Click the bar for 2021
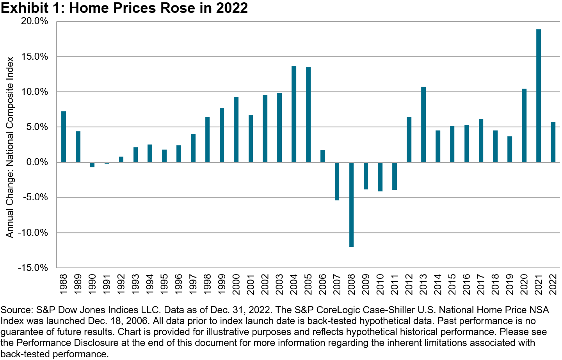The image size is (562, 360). pyautogui.click(x=539, y=96)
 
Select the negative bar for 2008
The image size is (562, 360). pyautogui.click(x=352, y=204)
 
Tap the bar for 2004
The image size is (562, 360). pyautogui.click(x=294, y=114)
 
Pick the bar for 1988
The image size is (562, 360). pyautogui.click(x=64, y=137)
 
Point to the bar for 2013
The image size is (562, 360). pyautogui.click(x=423, y=124)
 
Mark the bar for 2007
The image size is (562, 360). pyautogui.click(x=337, y=181)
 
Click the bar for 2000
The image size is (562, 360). pyautogui.click(x=237, y=129)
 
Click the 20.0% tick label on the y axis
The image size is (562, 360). pyautogui.click(x=34, y=21)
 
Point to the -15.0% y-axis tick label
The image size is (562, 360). pyautogui.click(x=33, y=268)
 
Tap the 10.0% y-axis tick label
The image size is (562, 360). pyautogui.click(x=34, y=92)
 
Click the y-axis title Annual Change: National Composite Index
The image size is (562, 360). pyautogui.click(x=10, y=147)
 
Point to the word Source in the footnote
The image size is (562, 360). pyautogui.click(x=16, y=310)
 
